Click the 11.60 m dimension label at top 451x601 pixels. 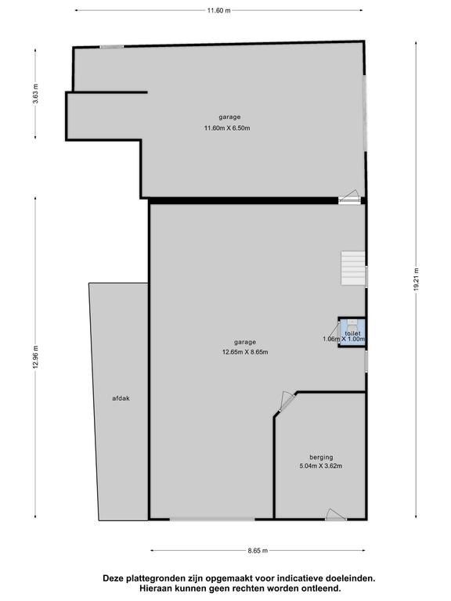(219, 10)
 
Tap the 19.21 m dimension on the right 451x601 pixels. (416, 280)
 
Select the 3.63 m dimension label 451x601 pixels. (35, 94)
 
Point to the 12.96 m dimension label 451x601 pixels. (35, 357)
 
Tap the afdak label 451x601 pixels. (121, 398)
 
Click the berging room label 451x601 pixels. (321, 457)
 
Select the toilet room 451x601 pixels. (352, 333)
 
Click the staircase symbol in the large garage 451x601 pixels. (353, 268)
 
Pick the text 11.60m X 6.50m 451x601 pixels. (227, 128)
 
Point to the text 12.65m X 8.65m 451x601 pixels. (245, 352)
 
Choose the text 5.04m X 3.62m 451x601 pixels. (320, 466)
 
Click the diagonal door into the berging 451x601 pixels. (287, 401)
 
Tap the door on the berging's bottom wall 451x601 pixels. (336, 515)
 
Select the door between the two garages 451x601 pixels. (349, 197)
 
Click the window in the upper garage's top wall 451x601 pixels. (112, 47)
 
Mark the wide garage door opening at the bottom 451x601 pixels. (212, 520)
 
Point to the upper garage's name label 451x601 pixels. (229, 117)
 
